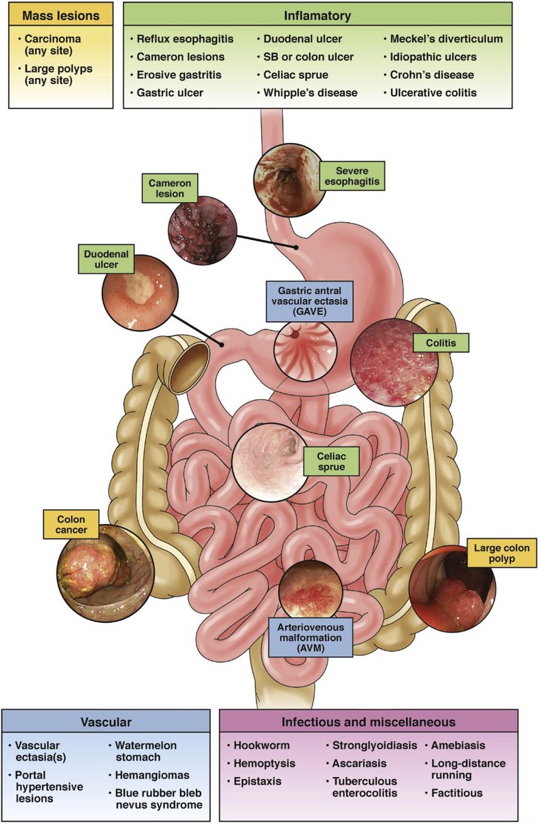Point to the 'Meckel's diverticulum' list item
tap(447, 39)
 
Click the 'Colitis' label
tap(440, 342)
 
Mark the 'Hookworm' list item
tap(261, 745)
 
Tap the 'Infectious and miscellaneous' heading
tap(368, 722)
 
